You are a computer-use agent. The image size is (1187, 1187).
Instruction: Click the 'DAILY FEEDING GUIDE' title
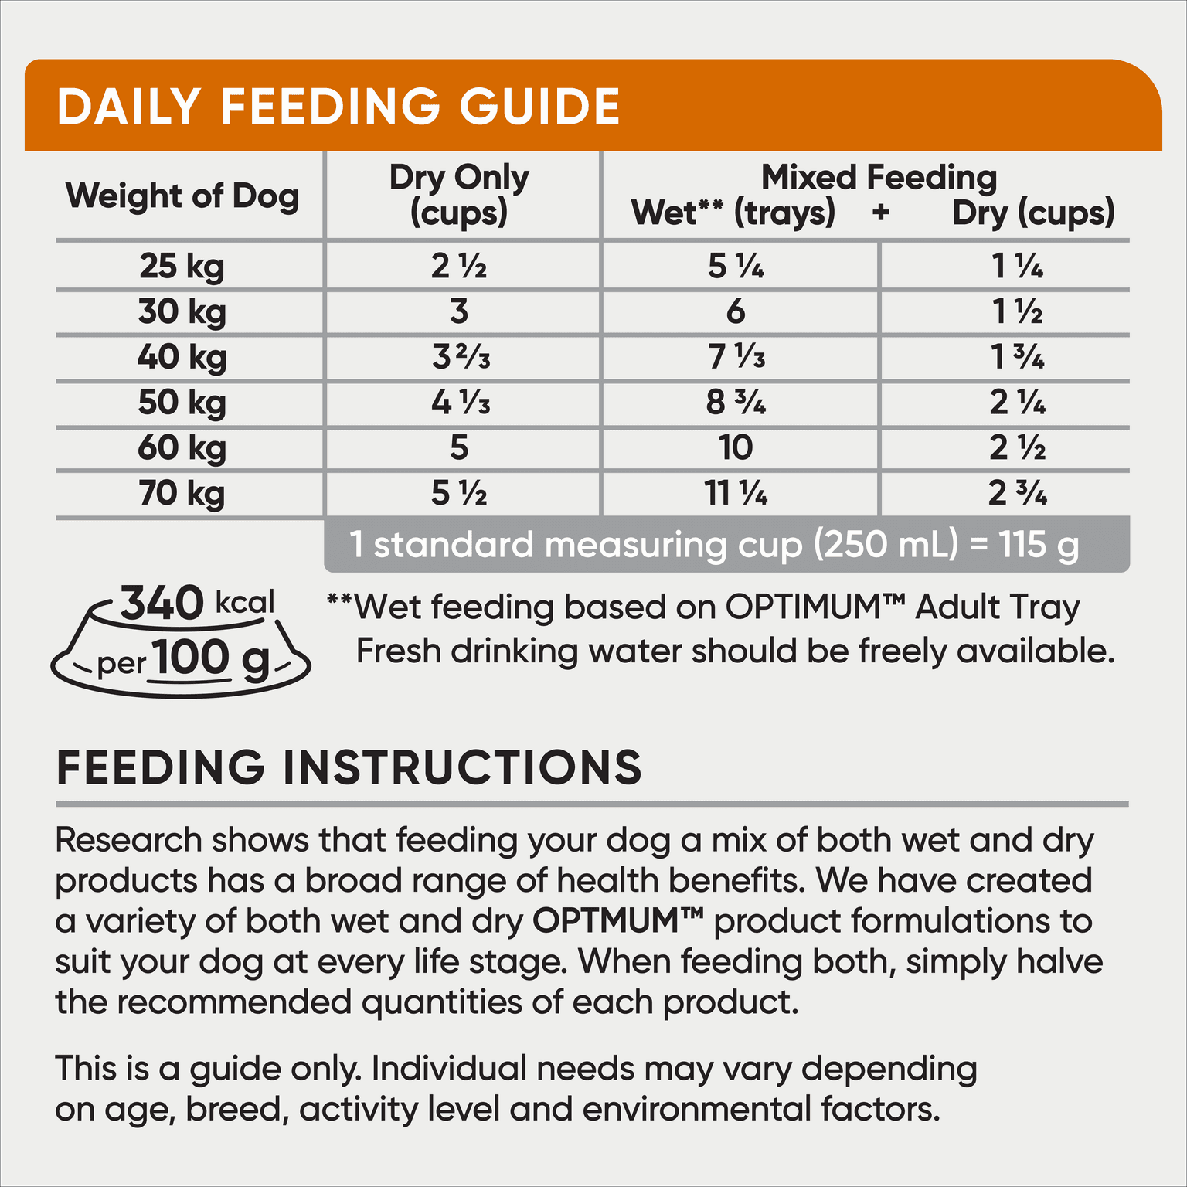(x=338, y=106)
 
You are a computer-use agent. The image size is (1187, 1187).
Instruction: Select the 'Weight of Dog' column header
(x=182, y=196)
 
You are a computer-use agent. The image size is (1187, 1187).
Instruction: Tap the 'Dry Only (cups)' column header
(x=459, y=196)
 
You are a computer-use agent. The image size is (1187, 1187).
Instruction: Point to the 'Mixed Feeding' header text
(x=879, y=178)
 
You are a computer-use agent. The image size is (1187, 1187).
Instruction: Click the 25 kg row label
(x=182, y=267)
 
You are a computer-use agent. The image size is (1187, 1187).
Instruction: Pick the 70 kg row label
(x=182, y=494)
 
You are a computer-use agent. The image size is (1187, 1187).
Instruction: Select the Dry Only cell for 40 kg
(x=461, y=357)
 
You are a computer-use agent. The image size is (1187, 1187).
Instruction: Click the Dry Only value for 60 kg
(x=459, y=448)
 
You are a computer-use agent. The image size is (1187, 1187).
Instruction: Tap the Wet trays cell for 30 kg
(x=736, y=311)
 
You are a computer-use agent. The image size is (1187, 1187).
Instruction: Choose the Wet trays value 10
(x=736, y=448)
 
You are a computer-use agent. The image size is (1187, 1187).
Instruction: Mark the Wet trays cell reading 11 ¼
(x=736, y=494)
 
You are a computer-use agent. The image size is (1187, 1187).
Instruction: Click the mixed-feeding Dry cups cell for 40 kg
(x=1018, y=357)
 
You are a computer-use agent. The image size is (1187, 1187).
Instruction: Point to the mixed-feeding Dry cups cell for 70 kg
(x=1018, y=494)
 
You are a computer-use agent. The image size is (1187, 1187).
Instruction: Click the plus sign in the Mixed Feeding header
(x=880, y=213)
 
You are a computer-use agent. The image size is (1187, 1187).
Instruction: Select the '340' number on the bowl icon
(x=162, y=604)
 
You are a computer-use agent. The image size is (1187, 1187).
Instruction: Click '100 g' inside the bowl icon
(x=211, y=658)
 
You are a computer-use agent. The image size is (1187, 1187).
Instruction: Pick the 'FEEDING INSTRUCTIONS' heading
(x=349, y=767)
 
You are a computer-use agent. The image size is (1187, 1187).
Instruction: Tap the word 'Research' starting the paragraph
(x=128, y=840)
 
